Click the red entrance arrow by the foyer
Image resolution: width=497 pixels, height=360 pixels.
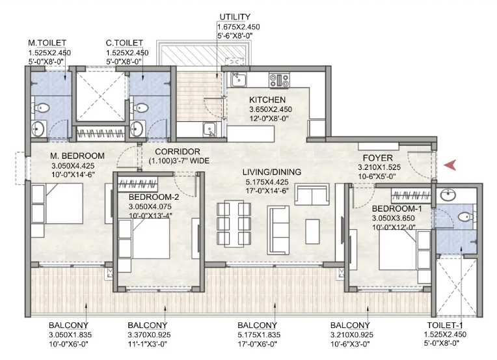pos(450,165)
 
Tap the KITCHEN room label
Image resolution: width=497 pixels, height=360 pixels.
pos(267,100)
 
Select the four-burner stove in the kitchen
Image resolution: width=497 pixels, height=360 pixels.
pos(279,79)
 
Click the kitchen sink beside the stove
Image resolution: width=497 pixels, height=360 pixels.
pos(238,79)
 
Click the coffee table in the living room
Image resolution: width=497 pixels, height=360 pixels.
pos(312,231)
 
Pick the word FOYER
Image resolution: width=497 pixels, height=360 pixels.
pos(377,158)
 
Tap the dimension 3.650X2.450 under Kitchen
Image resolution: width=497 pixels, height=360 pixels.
pos(271,109)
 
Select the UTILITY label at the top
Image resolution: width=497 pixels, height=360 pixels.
pos(235,17)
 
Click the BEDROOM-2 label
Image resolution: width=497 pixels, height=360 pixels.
pos(154,197)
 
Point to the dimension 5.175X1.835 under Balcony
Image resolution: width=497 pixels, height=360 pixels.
pos(259,335)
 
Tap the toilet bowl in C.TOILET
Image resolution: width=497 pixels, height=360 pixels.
pos(140,107)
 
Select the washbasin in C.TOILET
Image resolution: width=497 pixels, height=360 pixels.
pos(137,129)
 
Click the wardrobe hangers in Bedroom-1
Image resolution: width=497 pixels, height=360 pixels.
pos(410,197)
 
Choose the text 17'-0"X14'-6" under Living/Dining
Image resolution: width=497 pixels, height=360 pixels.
pos(267,191)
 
